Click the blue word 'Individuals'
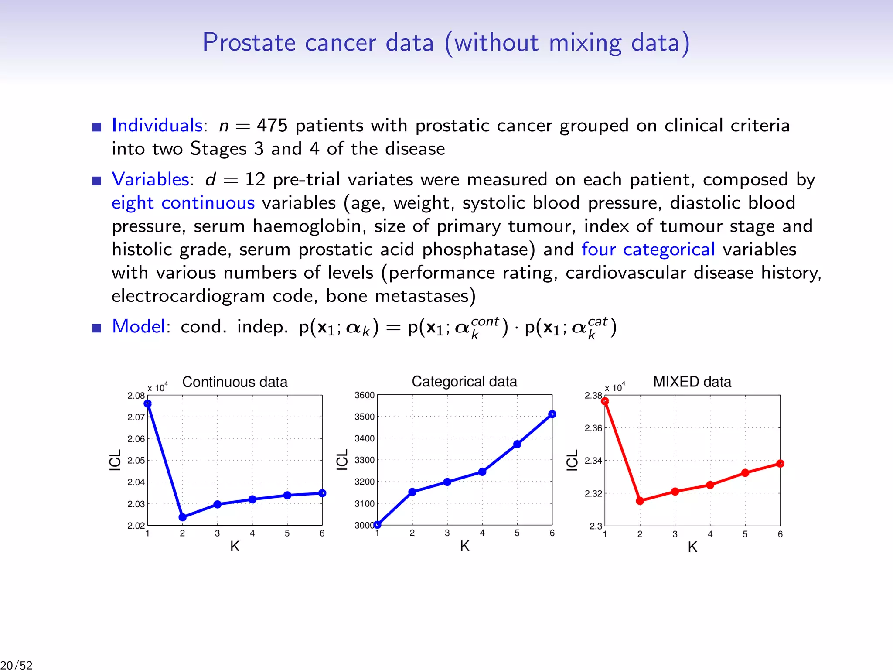[157, 126]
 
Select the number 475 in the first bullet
[272, 126]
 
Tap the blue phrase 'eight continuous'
[183, 203]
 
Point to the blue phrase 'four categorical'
[648, 250]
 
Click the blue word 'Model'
[138, 326]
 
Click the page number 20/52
[17, 665]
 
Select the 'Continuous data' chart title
[235, 382]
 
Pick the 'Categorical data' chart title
[464, 381]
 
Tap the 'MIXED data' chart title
[692, 382]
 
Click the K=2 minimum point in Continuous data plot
[183, 517]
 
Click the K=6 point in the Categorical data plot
[552, 414]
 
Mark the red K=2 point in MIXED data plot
[640, 501]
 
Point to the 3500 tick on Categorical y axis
[364, 417]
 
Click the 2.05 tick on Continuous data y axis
[136, 460]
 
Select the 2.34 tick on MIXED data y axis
[593, 461]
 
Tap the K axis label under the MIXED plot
[692, 547]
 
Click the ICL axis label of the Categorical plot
[342, 460]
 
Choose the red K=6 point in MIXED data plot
[780, 464]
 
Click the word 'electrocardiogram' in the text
[188, 296]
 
